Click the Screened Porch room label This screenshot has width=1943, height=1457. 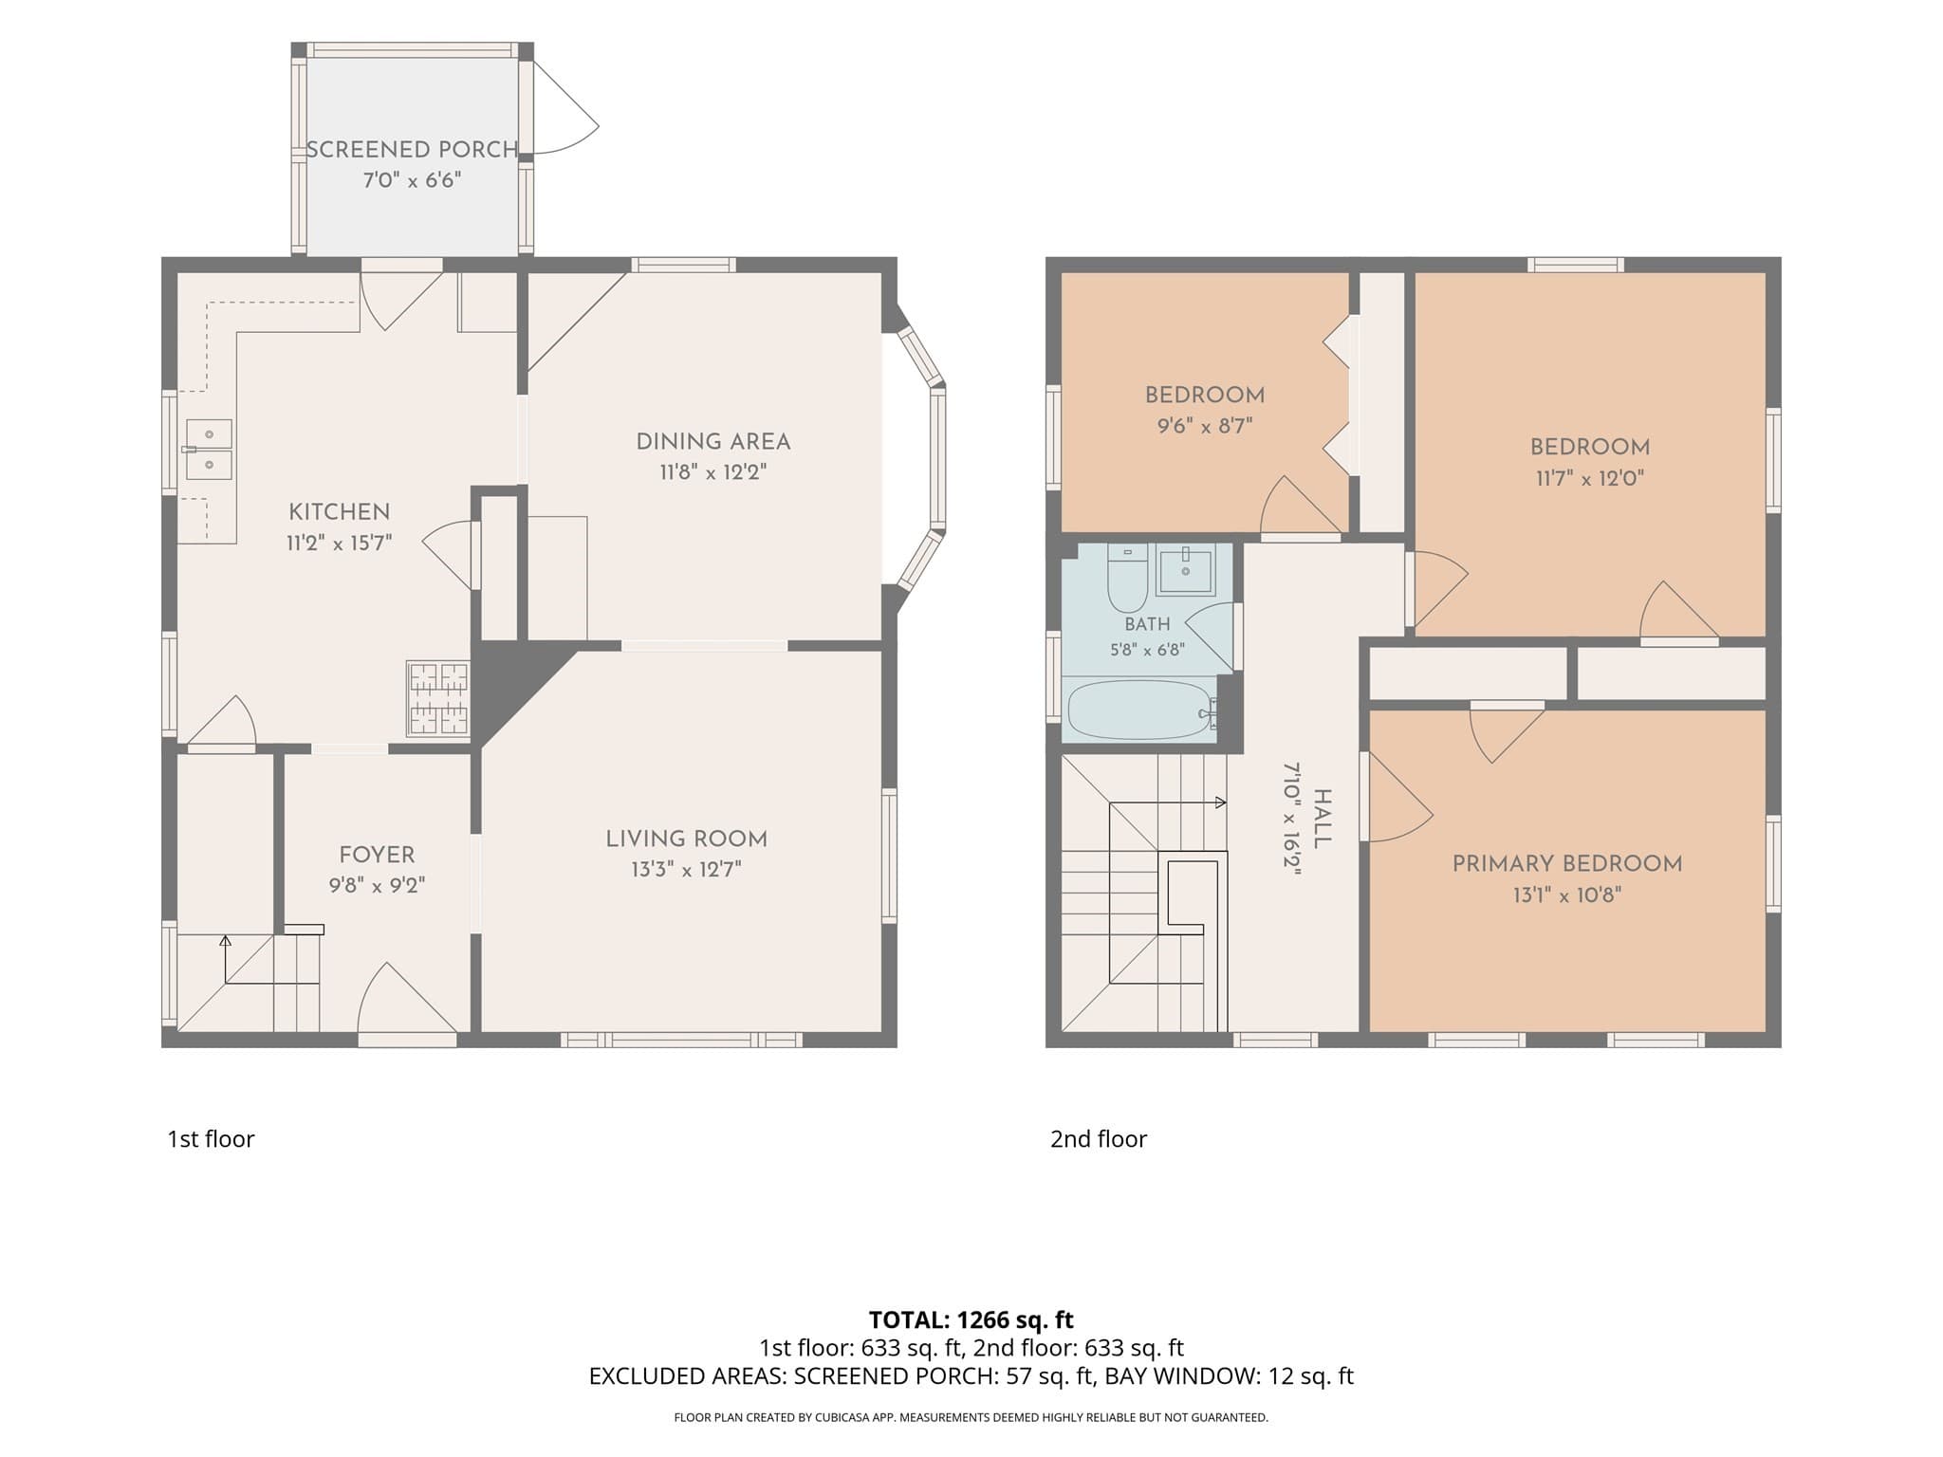pos(412,150)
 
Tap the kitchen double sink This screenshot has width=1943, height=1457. pos(209,449)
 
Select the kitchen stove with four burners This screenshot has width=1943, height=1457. pos(438,698)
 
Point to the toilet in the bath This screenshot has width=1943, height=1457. pos(1127,579)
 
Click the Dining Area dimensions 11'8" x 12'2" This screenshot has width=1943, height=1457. pos(713,472)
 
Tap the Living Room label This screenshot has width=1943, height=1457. pos(687,839)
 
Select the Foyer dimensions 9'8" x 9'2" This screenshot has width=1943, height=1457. pos(377,886)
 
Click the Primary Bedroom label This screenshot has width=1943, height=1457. pos(1567,864)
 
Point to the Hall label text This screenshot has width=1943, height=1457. pos(1322,819)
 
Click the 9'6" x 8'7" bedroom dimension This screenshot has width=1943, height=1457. pos(1205,427)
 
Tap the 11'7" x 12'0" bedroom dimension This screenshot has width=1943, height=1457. pos(1590,478)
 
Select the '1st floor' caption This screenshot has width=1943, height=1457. pos(211,1139)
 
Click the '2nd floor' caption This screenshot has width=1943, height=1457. pos(1099,1139)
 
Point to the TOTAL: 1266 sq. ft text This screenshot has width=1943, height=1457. pos(971,1319)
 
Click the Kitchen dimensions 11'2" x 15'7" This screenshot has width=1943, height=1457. pos(340,544)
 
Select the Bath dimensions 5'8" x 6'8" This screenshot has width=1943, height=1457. pos(1147,651)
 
